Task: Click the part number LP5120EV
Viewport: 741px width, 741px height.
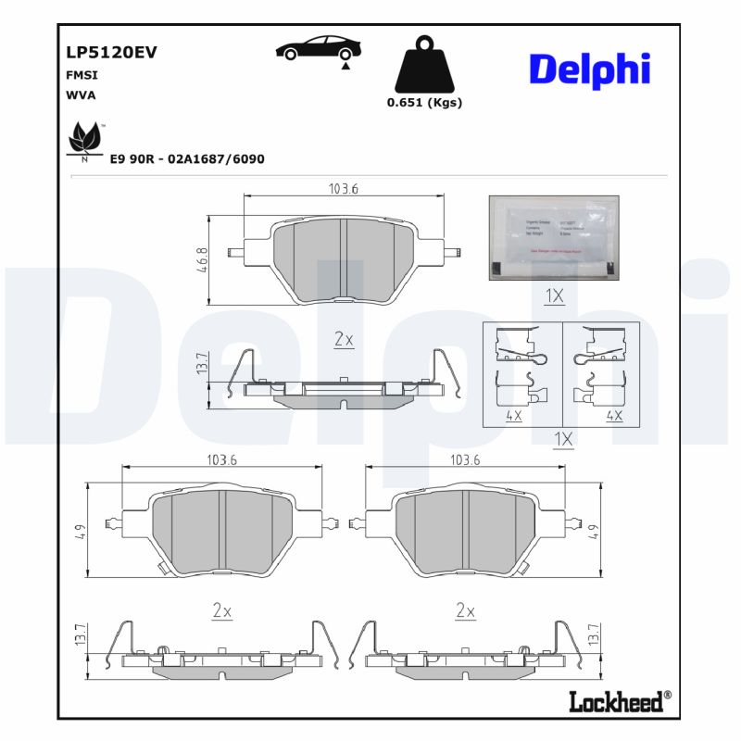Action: [111, 53]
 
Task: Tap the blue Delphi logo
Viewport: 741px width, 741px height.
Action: [589, 69]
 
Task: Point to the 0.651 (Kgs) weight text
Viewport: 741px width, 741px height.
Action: [424, 103]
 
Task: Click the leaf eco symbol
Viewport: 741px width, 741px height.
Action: [85, 141]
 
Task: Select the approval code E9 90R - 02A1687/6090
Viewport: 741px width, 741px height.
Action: [187, 159]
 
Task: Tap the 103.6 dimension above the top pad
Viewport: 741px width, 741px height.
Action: [343, 188]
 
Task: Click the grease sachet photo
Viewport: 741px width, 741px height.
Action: [553, 237]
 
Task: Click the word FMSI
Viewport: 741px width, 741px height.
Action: [82, 75]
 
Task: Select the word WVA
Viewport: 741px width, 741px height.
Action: [81, 94]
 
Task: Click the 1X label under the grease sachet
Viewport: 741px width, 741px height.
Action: [554, 296]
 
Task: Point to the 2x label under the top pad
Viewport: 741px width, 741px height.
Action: [343, 340]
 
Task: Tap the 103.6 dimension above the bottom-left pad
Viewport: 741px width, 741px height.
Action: [221, 459]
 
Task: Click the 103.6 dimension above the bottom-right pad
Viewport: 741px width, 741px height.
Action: [465, 459]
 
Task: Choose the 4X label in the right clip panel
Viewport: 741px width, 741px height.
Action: [613, 416]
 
